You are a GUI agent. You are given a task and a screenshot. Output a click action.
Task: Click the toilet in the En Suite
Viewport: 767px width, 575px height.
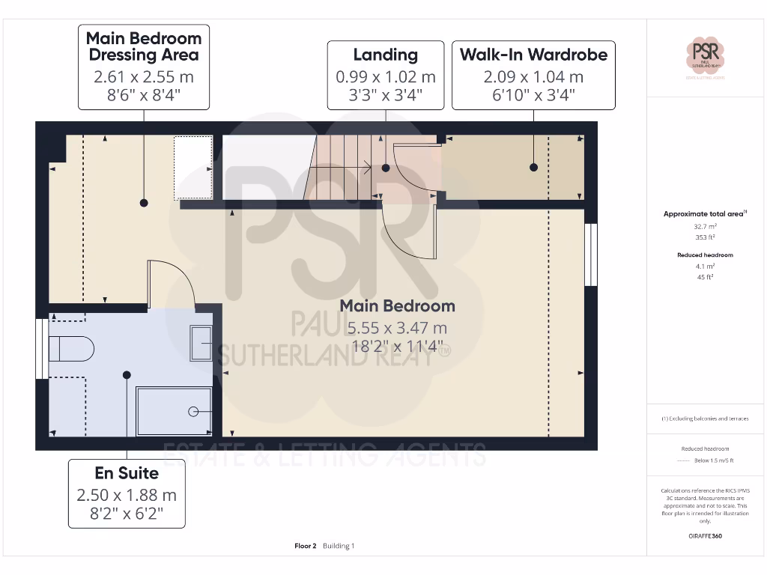click(x=70, y=349)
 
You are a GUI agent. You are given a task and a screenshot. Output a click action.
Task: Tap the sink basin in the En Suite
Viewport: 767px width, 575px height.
click(x=201, y=343)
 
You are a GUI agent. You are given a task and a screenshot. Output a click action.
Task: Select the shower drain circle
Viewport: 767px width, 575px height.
click(x=193, y=410)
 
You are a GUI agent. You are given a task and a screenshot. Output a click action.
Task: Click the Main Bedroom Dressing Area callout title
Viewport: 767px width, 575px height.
click(x=144, y=46)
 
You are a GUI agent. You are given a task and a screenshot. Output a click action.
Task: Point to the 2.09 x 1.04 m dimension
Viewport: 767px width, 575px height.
click(x=533, y=76)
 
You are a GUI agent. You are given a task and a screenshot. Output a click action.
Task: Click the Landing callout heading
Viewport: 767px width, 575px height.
click(x=385, y=55)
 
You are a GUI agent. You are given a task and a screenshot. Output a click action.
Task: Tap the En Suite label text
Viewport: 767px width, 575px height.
click(x=127, y=473)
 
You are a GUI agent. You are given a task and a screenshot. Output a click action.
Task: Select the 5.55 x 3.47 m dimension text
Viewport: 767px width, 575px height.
click(x=397, y=328)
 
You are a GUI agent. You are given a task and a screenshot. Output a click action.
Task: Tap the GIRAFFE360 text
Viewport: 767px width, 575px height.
click(x=705, y=536)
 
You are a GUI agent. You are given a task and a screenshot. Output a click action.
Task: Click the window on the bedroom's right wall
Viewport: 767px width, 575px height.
click(x=591, y=255)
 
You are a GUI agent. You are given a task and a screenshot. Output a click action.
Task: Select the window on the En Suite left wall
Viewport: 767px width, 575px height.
click(x=40, y=349)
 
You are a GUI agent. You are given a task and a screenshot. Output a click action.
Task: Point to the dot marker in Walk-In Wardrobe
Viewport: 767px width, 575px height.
click(x=533, y=168)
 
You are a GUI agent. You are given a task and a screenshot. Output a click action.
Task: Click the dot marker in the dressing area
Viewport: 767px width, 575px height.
click(x=143, y=203)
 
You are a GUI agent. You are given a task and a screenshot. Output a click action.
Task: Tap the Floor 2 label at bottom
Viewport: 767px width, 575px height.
click(x=306, y=546)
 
